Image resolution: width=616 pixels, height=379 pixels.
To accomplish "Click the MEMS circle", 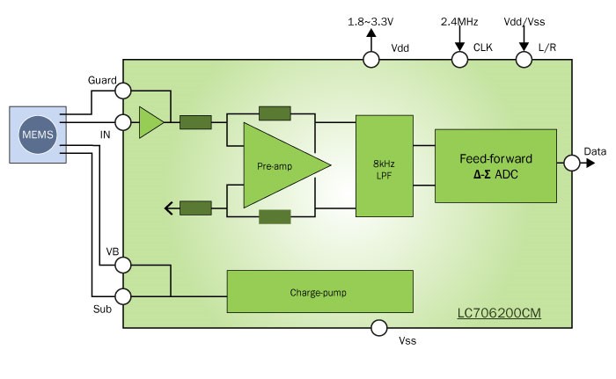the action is [x=38, y=135].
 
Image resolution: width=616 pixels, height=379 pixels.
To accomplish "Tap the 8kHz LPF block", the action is [x=385, y=165].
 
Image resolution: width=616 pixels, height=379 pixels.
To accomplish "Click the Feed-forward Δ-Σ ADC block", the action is [x=495, y=166].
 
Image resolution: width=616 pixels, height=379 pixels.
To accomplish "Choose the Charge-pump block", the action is [x=319, y=291].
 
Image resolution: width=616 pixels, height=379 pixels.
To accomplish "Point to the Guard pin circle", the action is [x=123, y=91].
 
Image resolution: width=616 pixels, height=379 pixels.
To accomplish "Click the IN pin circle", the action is [x=123, y=122].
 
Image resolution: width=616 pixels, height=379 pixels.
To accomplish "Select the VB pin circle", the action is [x=123, y=265].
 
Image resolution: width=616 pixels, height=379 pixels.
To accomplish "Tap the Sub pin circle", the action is [x=123, y=296].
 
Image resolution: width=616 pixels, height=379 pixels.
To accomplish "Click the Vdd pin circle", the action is [x=370, y=60].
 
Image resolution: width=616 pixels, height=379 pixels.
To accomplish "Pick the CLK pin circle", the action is [x=459, y=60].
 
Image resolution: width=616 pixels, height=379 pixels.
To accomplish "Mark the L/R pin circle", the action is [x=524, y=60].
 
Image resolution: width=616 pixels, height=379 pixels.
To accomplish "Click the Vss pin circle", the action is [x=379, y=328].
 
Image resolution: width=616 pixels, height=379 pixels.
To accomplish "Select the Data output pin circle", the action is [x=572, y=163].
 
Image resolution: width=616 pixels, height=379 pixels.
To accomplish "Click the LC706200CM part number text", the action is [x=499, y=313].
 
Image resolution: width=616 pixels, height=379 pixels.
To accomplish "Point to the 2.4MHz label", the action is [x=459, y=22].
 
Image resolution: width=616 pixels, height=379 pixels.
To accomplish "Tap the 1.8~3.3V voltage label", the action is [x=370, y=22].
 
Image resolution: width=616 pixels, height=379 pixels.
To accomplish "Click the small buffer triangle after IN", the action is [x=151, y=122].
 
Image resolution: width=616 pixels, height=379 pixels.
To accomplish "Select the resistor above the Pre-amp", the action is [x=275, y=113].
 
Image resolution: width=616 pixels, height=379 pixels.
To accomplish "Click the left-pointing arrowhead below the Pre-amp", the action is [x=169, y=208].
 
